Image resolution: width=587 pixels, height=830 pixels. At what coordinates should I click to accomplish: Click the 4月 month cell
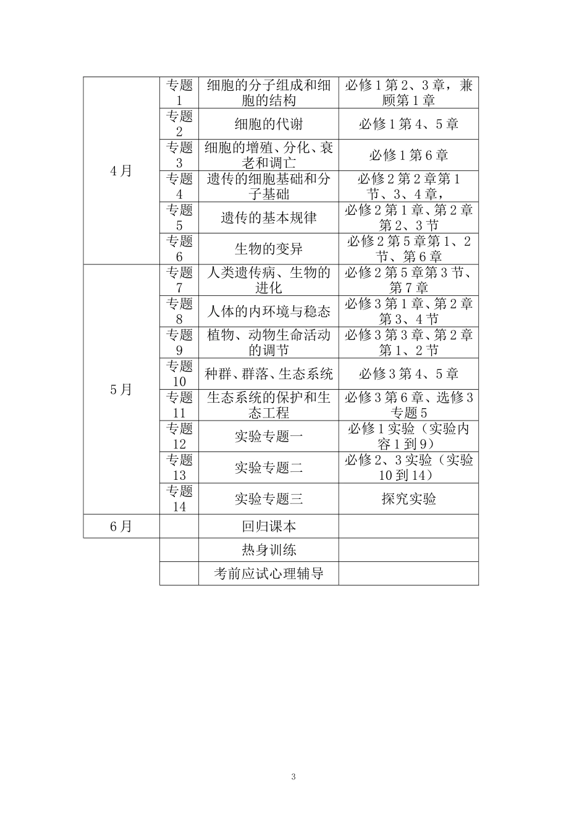coord(121,171)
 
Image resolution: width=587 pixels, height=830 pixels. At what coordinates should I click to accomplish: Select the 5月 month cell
coord(121,390)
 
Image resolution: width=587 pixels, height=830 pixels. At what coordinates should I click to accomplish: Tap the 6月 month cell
coord(121,526)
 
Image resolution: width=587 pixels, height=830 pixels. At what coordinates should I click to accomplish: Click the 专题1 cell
coord(179,93)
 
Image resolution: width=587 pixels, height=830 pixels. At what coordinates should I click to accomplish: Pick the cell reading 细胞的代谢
coord(268,124)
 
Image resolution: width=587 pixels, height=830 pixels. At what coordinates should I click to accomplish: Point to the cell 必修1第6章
coord(408,155)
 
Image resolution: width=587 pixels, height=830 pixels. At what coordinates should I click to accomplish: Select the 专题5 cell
coord(179,217)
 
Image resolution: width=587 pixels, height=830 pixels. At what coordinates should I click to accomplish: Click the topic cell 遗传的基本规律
coord(268,217)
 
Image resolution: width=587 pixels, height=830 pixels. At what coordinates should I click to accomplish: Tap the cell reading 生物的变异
coord(268,249)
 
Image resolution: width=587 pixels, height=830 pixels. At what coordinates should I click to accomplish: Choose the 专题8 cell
coord(179,311)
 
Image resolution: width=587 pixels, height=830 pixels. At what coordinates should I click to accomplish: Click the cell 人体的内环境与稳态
coord(268,311)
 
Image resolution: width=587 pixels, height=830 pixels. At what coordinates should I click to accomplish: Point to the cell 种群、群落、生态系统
coord(268,374)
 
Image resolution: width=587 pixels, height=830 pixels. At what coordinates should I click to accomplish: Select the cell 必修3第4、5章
coord(408,374)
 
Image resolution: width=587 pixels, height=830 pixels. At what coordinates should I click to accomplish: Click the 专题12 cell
coord(179,436)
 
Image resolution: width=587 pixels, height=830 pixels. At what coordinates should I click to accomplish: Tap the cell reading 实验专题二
coord(268,467)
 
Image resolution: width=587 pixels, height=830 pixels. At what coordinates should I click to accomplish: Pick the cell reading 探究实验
coord(408,498)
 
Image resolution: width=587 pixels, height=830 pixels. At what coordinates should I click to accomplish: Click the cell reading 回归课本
coord(268,526)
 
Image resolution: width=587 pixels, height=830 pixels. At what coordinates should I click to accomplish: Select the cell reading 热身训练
coord(268,550)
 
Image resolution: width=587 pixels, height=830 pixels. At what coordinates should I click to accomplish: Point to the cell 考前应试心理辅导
coord(268,573)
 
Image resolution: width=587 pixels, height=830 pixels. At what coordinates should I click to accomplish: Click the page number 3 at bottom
coord(293,776)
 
